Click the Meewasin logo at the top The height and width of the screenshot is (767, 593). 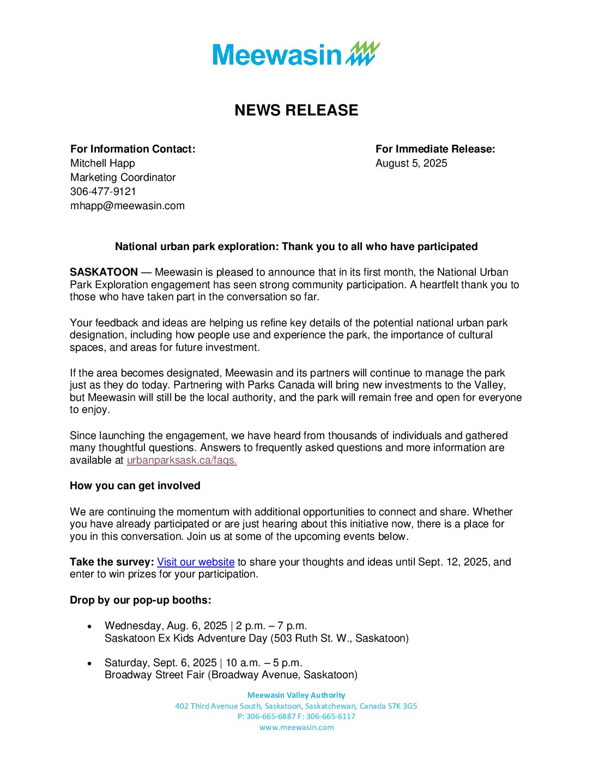296,54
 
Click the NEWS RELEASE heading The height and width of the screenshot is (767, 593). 296,110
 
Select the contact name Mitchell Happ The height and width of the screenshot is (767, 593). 102,163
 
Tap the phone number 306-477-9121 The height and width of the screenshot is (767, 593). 103,191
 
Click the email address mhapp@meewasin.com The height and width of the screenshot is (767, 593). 128,205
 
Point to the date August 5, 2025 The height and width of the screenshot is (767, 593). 411,163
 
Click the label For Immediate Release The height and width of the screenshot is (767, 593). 435,149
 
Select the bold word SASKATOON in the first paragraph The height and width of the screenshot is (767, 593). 104,272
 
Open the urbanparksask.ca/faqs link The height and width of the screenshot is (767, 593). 181,460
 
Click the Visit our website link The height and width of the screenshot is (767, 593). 196,562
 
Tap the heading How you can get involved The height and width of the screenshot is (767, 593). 135,485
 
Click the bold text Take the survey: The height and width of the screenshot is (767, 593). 112,562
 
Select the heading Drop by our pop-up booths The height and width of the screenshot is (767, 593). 140,600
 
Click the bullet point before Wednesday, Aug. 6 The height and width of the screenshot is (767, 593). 90,626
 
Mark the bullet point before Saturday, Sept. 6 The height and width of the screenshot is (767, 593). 90,663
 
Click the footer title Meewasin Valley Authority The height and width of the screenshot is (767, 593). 296,695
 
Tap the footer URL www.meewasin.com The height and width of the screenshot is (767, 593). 296,727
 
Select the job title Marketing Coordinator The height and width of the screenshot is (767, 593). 123,177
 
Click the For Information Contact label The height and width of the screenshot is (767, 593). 132,149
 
